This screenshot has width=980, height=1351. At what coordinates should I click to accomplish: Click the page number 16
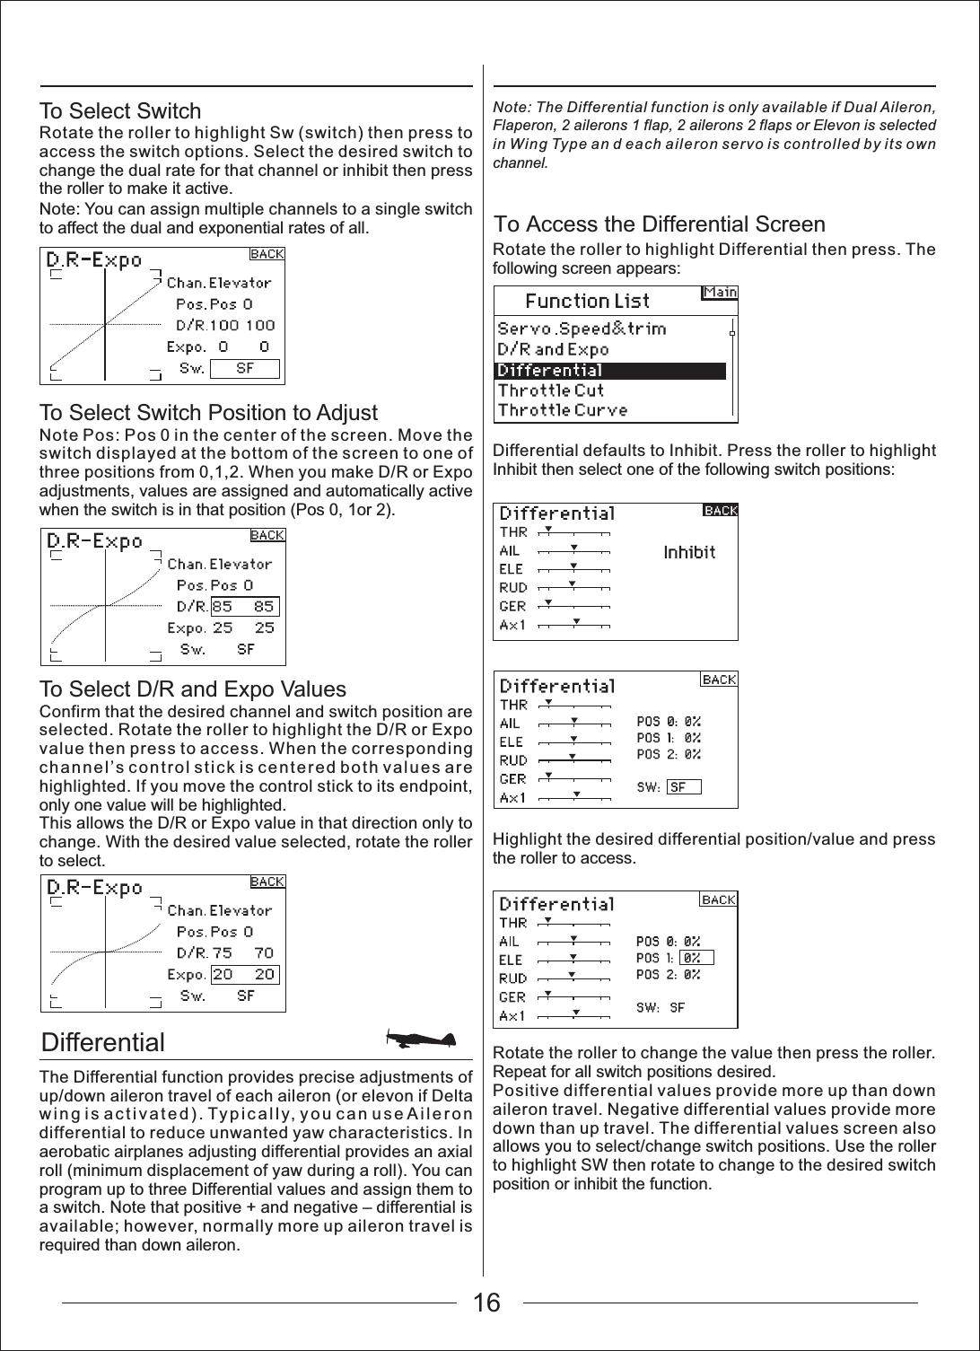coord(487,1303)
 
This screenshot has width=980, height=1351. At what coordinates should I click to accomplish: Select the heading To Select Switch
coord(120,111)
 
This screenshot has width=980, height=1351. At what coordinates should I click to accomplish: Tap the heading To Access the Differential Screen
coord(660,224)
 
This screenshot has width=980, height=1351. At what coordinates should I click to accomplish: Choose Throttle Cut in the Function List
coord(551,390)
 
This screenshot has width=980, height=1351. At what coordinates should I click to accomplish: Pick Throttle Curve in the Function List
coord(563,410)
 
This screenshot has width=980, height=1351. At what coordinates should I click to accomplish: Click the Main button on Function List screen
coord(720,292)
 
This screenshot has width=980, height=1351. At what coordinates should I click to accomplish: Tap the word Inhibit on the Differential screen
coord(689,552)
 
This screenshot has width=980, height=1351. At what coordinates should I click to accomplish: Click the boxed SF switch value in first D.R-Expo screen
coord(245,368)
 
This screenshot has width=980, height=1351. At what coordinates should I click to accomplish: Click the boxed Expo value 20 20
coord(244,974)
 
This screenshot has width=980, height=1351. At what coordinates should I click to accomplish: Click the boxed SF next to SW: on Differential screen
coord(682,787)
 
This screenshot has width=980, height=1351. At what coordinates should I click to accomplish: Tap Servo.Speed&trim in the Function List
coord(582,329)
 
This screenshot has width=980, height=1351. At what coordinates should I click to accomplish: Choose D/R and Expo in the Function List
coord(553,349)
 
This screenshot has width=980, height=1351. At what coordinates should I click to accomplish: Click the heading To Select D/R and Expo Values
coord(193,689)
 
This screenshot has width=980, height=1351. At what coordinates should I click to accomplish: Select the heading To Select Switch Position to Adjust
coord(209,413)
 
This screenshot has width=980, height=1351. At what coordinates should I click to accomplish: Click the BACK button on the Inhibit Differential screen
coord(720,511)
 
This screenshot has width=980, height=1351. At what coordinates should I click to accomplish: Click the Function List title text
coord(587,301)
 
